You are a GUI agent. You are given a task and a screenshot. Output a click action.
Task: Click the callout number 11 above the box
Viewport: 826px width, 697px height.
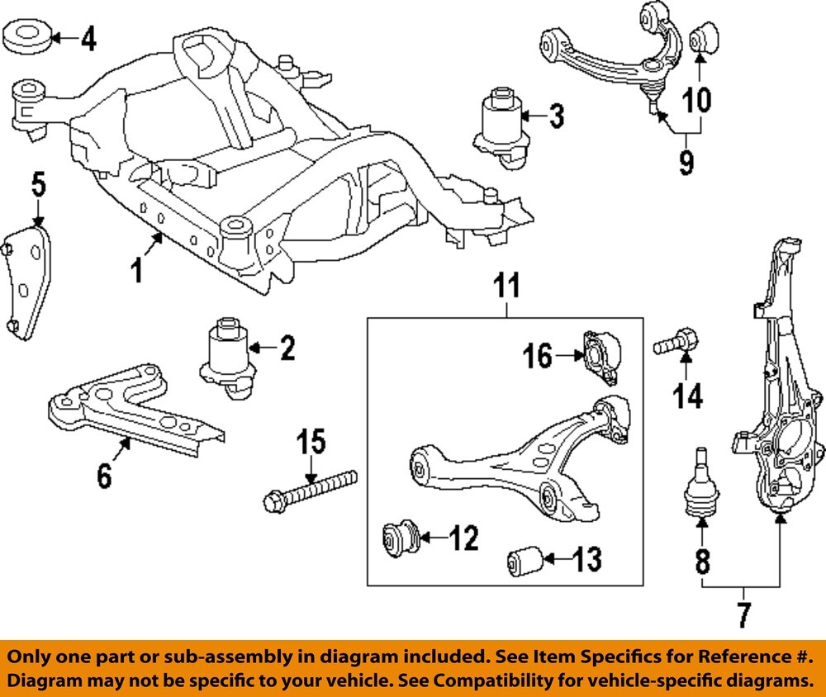click(507, 287)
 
